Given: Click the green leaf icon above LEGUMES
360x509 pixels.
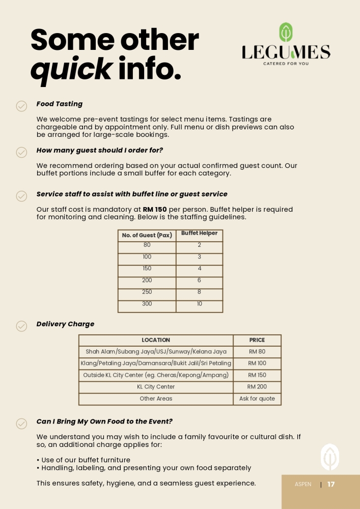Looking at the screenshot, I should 286,33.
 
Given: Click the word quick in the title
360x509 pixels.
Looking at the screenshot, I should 71,69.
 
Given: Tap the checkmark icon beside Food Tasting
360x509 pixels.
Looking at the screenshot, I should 21,106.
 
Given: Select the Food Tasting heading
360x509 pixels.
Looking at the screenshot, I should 59,104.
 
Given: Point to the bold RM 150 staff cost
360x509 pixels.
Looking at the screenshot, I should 155,209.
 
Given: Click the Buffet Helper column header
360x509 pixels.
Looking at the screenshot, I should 199,234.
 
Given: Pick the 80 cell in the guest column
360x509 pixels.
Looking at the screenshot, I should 147,245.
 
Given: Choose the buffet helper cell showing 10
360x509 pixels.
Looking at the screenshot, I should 199,304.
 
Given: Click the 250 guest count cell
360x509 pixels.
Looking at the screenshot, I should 147,292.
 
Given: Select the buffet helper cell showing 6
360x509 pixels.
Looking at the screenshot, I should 199,280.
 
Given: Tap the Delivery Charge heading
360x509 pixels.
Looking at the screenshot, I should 65,324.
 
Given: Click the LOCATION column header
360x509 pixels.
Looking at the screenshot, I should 156,340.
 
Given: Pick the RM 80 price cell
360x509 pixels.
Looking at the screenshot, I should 257,352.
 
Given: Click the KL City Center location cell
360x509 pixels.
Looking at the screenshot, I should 156,387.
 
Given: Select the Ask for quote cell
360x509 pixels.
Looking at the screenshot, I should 257,399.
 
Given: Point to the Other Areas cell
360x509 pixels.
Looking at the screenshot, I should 156,399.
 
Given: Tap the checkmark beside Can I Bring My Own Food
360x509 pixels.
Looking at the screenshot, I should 21,423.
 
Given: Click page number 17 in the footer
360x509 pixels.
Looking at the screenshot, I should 331,485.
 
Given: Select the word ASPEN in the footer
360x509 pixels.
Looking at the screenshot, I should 303,485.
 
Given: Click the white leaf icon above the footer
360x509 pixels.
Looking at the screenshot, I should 330,457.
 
